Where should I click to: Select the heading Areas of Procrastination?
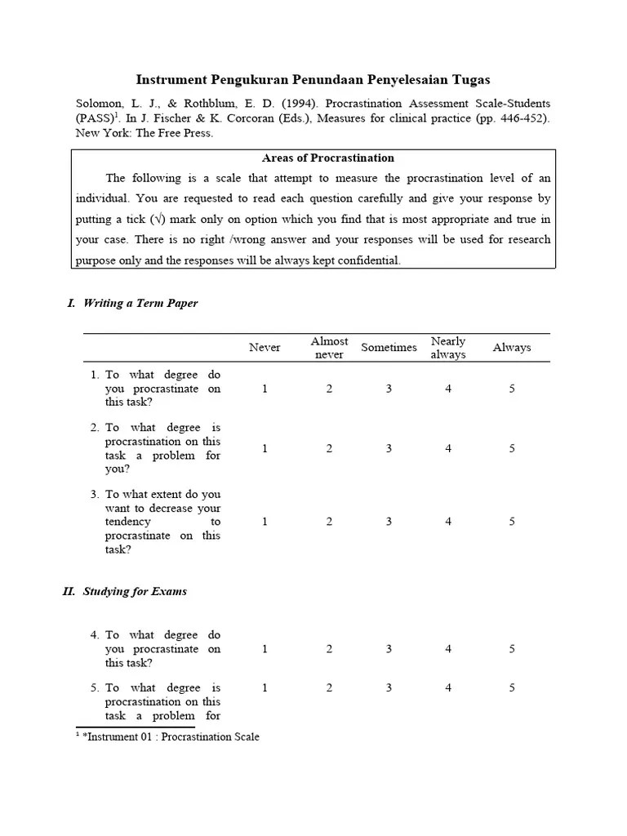coord(328,158)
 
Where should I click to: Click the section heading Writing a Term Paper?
coord(140,303)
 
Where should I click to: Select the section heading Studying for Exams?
coord(135,591)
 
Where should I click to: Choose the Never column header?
coord(265,348)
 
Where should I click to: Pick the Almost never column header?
coord(329,348)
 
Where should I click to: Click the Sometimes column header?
coord(389,348)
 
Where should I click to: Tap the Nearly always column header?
coord(448,348)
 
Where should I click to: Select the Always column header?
coord(512,348)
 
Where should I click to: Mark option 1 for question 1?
coord(265,389)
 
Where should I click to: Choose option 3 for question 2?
coord(389,448)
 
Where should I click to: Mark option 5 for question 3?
coord(512,522)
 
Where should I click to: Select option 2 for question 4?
coord(329,649)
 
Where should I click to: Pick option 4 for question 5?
coord(448,688)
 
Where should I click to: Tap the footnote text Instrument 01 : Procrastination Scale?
coord(171,737)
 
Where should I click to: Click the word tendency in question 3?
coord(128,522)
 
